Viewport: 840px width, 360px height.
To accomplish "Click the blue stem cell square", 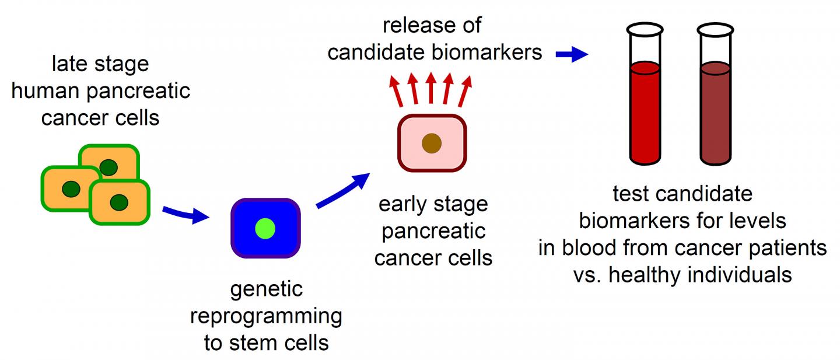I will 265,228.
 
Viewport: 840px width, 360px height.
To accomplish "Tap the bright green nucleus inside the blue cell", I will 265,228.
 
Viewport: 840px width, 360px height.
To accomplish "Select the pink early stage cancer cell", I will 432,143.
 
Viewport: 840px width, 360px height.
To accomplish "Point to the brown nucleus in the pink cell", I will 432,143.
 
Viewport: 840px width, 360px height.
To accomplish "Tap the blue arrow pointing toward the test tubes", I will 572,54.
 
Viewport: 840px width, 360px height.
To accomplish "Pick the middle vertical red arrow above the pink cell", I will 431,88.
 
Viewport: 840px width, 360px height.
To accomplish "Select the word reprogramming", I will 265,316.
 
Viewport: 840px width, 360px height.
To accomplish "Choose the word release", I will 415,26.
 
